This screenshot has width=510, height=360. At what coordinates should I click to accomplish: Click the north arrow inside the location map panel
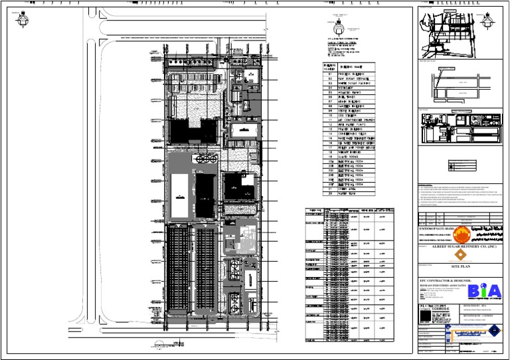point(491,22)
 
